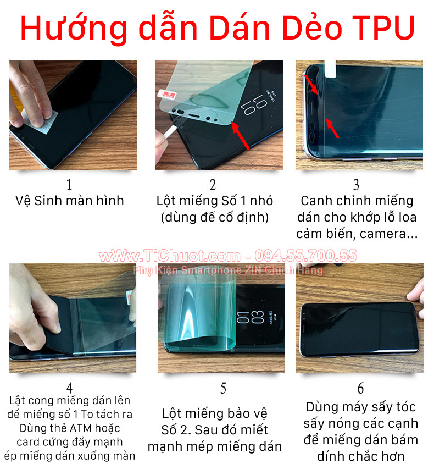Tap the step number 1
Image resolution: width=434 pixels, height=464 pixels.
(69, 185)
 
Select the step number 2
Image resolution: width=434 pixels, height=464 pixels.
(213, 185)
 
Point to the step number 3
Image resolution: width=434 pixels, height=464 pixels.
(356, 185)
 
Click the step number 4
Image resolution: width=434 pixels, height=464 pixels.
(69, 388)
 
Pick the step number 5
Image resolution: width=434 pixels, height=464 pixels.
(223, 388)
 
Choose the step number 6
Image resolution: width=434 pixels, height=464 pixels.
(361, 388)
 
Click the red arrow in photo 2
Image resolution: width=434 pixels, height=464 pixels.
(240, 136)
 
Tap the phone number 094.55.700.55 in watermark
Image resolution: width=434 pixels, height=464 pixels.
(305, 256)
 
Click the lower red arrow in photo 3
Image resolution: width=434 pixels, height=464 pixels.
(332, 128)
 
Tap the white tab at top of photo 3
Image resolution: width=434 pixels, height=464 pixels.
(331, 68)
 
